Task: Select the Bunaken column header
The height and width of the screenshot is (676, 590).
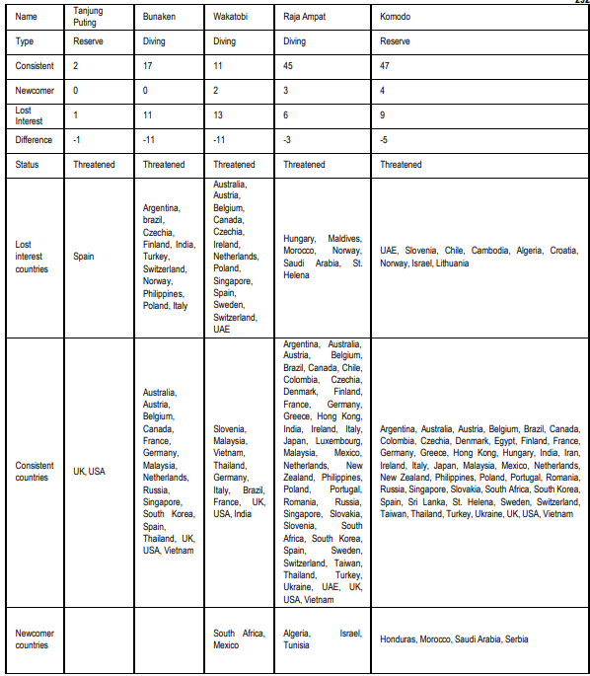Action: tap(159, 18)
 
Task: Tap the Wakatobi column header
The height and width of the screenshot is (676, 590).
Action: tap(231, 18)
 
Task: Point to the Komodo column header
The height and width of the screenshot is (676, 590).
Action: tap(397, 18)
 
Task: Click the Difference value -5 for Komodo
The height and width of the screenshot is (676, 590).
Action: tap(386, 139)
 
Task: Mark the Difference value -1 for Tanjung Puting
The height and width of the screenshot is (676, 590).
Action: tap(78, 139)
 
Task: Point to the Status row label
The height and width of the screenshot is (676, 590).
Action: tap(29, 164)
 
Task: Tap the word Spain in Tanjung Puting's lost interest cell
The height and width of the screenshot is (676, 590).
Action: tap(85, 257)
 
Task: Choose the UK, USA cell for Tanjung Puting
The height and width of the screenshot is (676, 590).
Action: tap(89, 472)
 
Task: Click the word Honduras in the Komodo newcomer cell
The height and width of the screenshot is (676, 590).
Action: tap(401, 639)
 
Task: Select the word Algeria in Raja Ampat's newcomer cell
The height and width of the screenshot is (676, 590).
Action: tap(297, 633)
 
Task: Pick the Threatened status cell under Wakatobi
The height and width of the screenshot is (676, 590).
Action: tap(234, 164)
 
